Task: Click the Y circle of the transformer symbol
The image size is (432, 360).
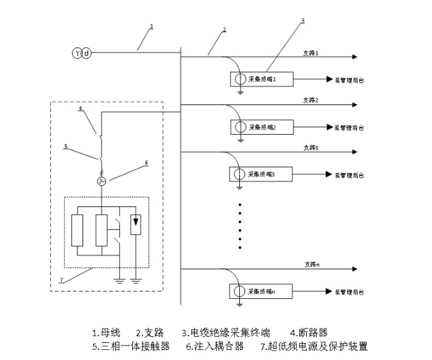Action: pyautogui.click(x=77, y=53)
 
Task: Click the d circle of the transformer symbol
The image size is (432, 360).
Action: pyautogui.click(x=87, y=53)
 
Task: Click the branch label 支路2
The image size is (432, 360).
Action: pyautogui.click(x=310, y=100)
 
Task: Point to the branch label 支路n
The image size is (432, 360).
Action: pyautogui.click(x=310, y=265)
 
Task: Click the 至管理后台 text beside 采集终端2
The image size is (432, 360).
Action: pyautogui.click(x=349, y=127)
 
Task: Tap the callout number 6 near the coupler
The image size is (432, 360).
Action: pyautogui.click(x=146, y=162)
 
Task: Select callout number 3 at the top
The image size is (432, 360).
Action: pyautogui.click(x=303, y=20)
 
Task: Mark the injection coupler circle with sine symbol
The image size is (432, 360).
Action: pyautogui.click(x=100, y=181)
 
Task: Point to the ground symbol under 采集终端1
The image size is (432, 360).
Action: pyautogui.click(x=240, y=93)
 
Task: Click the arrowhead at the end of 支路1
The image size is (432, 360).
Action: pyautogui.click(x=356, y=57)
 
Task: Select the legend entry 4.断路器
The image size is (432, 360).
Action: pyautogui.click(x=309, y=332)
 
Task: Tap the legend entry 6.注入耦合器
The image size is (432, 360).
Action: pyautogui.click(x=215, y=346)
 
